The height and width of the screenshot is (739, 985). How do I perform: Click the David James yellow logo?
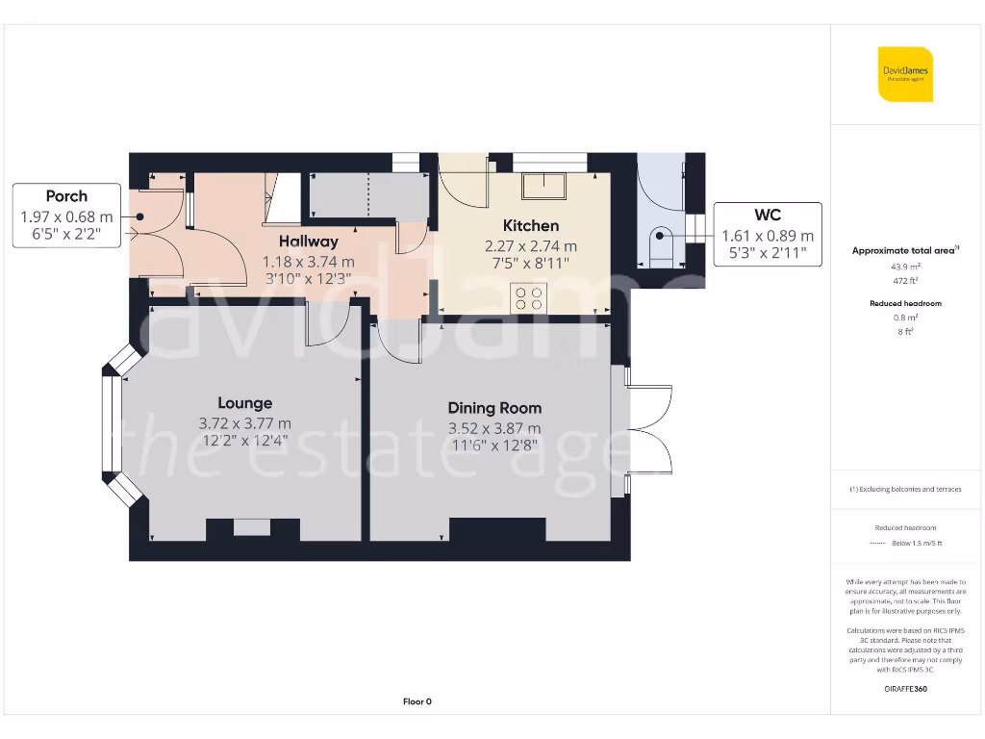coord(905,74)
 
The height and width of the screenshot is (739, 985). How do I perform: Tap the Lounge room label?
coord(244,403)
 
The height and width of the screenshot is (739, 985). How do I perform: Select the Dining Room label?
coord(494,408)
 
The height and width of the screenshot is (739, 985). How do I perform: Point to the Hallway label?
coord(308,242)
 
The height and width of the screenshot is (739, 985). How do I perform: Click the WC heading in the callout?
coord(768,216)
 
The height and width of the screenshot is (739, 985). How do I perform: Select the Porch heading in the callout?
coord(66,196)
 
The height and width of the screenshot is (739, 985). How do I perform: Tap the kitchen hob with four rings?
coord(529,298)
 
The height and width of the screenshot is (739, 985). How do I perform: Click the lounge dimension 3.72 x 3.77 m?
coord(244,423)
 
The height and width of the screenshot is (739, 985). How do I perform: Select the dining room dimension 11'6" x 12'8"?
coord(494,446)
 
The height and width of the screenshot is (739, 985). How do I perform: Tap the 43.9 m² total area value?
coord(905,268)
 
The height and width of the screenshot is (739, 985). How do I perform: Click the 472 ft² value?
coord(905,281)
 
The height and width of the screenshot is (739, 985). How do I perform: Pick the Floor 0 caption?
coord(417,701)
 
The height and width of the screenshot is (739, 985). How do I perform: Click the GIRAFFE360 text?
coord(905,689)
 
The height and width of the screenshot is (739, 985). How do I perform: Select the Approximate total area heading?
coord(904,250)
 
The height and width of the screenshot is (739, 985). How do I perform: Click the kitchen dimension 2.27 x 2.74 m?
coord(530,245)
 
